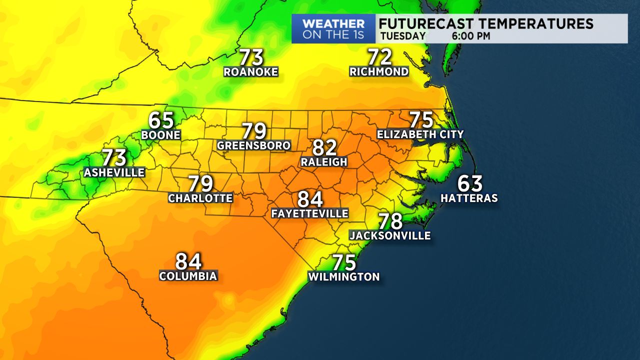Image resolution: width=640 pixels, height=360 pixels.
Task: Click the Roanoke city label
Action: click(x=250, y=72)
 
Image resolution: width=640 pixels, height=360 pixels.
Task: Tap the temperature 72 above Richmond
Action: click(x=379, y=57)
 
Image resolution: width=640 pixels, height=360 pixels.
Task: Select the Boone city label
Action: click(x=160, y=135)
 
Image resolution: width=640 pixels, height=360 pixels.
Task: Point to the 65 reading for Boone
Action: click(x=161, y=120)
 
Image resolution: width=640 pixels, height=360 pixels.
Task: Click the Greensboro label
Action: click(x=254, y=145)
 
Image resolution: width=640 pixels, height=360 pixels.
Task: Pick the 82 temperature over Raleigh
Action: click(x=324, y=148)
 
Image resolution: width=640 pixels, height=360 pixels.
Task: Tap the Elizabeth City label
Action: click(x=420, y=134)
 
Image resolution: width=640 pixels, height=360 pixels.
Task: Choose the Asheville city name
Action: click(x=114, y=172)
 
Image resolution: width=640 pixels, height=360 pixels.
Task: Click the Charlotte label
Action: click(x=200, y=198)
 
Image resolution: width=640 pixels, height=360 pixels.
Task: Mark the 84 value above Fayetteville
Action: click(x=310, y=199)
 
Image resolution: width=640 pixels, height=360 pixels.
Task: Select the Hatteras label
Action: click(x=469, y=198)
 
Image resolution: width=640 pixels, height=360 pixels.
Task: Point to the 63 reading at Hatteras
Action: click(x=470, y=184)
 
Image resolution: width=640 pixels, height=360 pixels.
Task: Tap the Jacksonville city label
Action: click(x=390, y=235)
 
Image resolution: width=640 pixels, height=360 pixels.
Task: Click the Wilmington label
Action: click(x=344, y=276)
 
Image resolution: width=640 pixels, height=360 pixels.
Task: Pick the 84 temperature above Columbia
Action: click(x=188, y=261)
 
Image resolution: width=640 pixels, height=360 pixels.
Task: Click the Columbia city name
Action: click(x=188, y=276)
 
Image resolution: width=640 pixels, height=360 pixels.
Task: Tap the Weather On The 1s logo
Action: click(x=333, y=29)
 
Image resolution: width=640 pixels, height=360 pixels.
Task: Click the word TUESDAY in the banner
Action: click(x=402, y=36)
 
